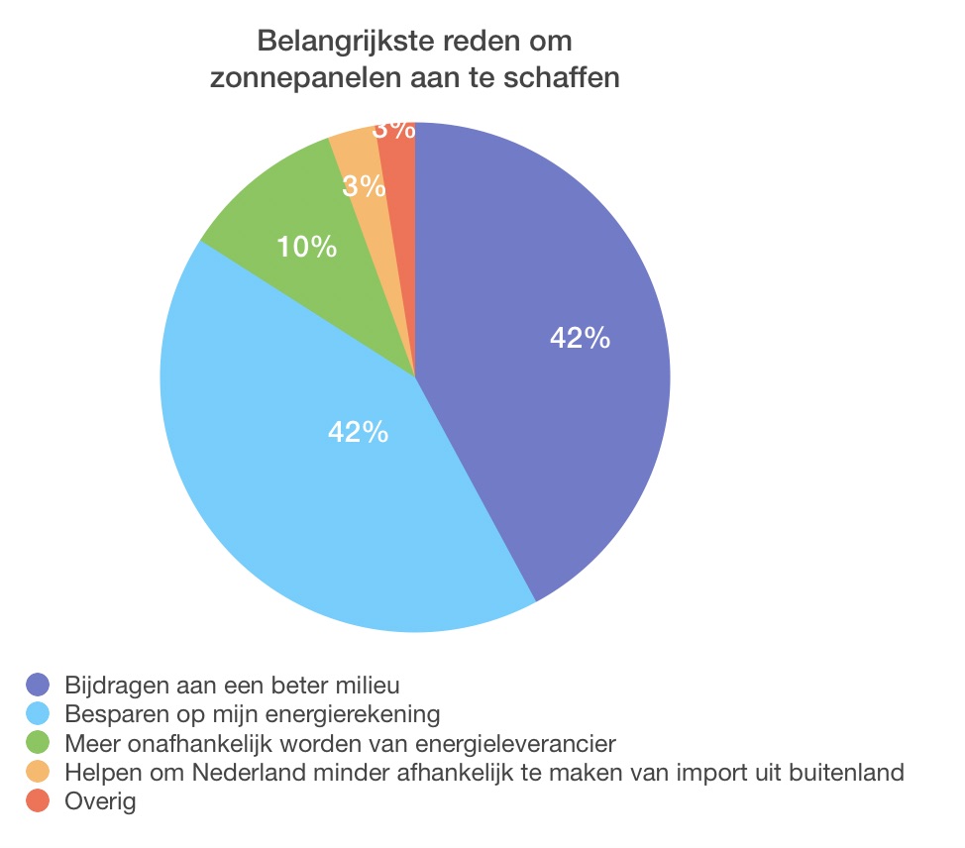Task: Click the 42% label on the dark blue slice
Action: (x=580, y=339)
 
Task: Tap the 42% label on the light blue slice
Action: (x=358, y=432)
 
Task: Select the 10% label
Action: (x=306, y=247)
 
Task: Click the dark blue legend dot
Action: (x=38, y=684)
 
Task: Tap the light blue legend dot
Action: (x=38, y=713)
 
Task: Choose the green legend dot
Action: (x=38, y=742)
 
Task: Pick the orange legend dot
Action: (x=38, y=772)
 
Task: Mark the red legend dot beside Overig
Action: (x=38, y=800)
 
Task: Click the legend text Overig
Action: (x=99, y=801)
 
